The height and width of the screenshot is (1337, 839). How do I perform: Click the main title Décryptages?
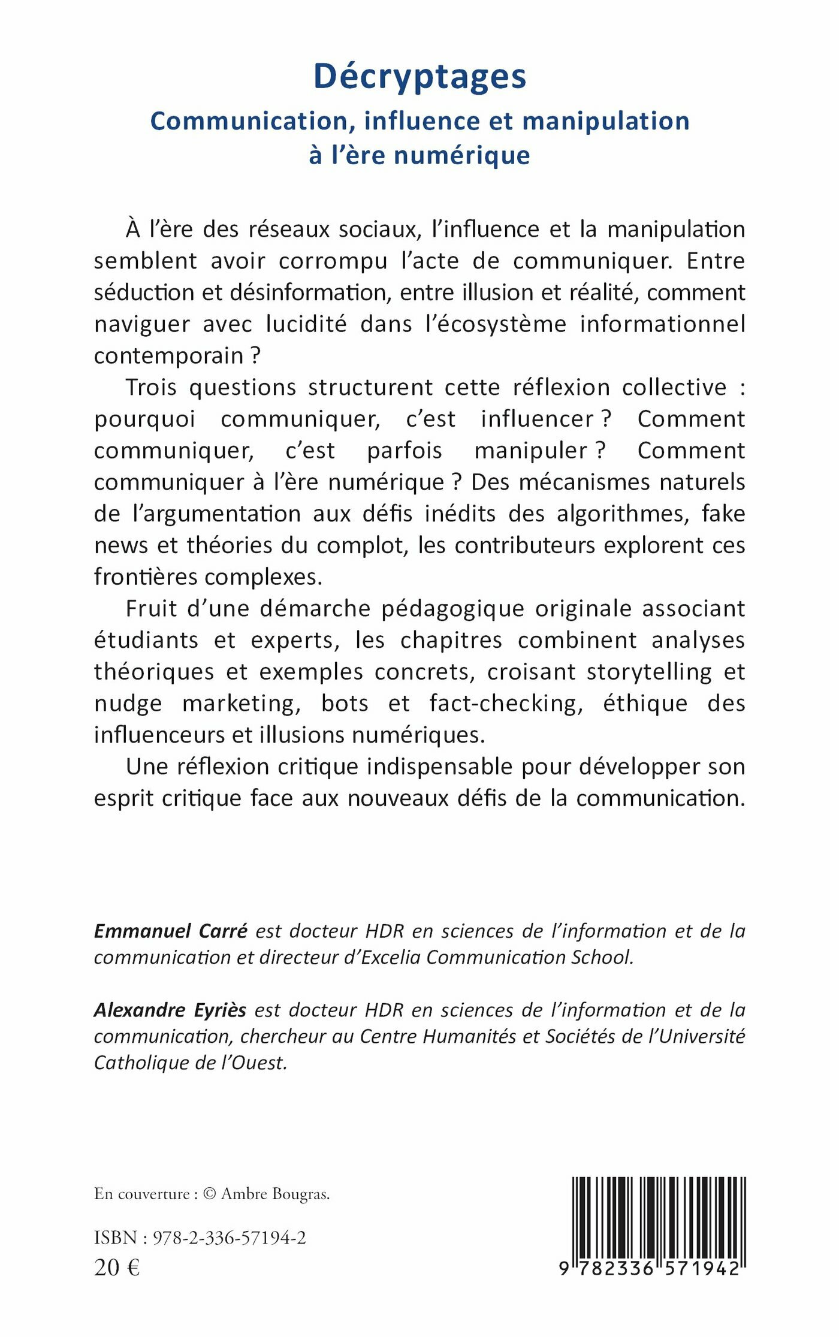[419, 77]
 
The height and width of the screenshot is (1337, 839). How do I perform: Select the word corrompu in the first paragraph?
[333, 261]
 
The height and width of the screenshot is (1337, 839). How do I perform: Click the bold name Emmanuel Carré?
[171, 931]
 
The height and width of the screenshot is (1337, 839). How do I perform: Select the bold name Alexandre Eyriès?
[170, 1010]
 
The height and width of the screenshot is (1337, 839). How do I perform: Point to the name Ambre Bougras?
[274, 1194]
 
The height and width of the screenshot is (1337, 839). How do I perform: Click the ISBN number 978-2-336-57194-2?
[229, 1237]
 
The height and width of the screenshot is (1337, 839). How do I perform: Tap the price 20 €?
[117, 1267]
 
